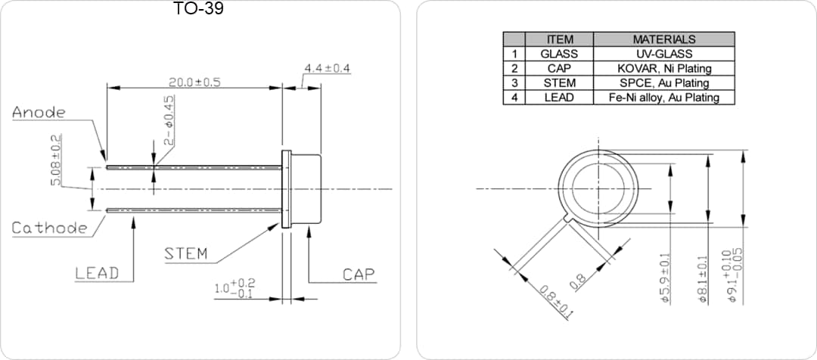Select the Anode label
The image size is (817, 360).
tap(39, 113)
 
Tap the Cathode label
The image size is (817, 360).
tap(49, 228)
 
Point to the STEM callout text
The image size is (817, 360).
tap(186, 253)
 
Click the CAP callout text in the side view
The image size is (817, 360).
tap(359, 274)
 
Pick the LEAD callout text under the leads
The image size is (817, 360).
tap(97, 274)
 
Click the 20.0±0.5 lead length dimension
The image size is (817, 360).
tap(194, 82)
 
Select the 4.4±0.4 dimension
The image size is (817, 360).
tap(327, 69)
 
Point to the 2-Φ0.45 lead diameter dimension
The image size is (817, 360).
tap(169, 119)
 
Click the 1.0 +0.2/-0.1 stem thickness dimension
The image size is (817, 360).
tap(234, 288)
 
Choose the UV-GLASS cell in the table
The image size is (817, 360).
tap(663, 54)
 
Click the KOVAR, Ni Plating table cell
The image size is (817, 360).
tap(663, 68)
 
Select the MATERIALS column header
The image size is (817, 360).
tap(663, 39)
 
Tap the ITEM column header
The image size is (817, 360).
tap(559, 39)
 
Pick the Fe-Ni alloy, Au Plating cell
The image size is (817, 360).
tap(663, 98)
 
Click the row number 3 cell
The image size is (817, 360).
tap(514, 83)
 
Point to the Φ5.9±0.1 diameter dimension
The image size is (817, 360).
tap(666, 278)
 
